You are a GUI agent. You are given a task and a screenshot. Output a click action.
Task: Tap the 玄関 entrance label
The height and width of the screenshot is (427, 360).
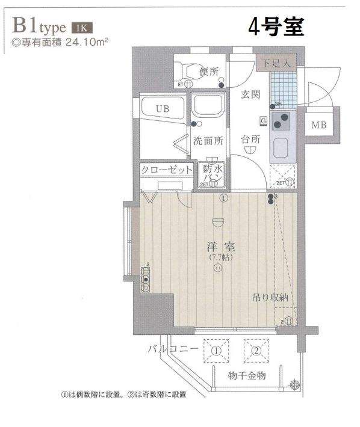pos(251,94)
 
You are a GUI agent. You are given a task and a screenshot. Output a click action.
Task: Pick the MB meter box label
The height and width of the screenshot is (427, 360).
pos(320,126)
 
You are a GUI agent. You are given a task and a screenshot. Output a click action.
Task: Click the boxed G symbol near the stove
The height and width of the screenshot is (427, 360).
pos(264,120)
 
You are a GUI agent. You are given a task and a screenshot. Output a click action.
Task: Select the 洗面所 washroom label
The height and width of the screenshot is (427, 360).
pos(208,141)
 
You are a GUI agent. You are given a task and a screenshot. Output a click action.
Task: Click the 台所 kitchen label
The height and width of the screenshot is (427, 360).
pos(251,139)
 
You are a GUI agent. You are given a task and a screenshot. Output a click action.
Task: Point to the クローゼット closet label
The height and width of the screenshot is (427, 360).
pos(167,170)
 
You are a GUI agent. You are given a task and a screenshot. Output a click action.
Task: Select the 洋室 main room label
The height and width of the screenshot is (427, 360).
pos(221,247)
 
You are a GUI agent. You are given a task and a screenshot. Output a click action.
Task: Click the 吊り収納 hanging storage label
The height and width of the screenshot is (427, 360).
pos(270,297)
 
